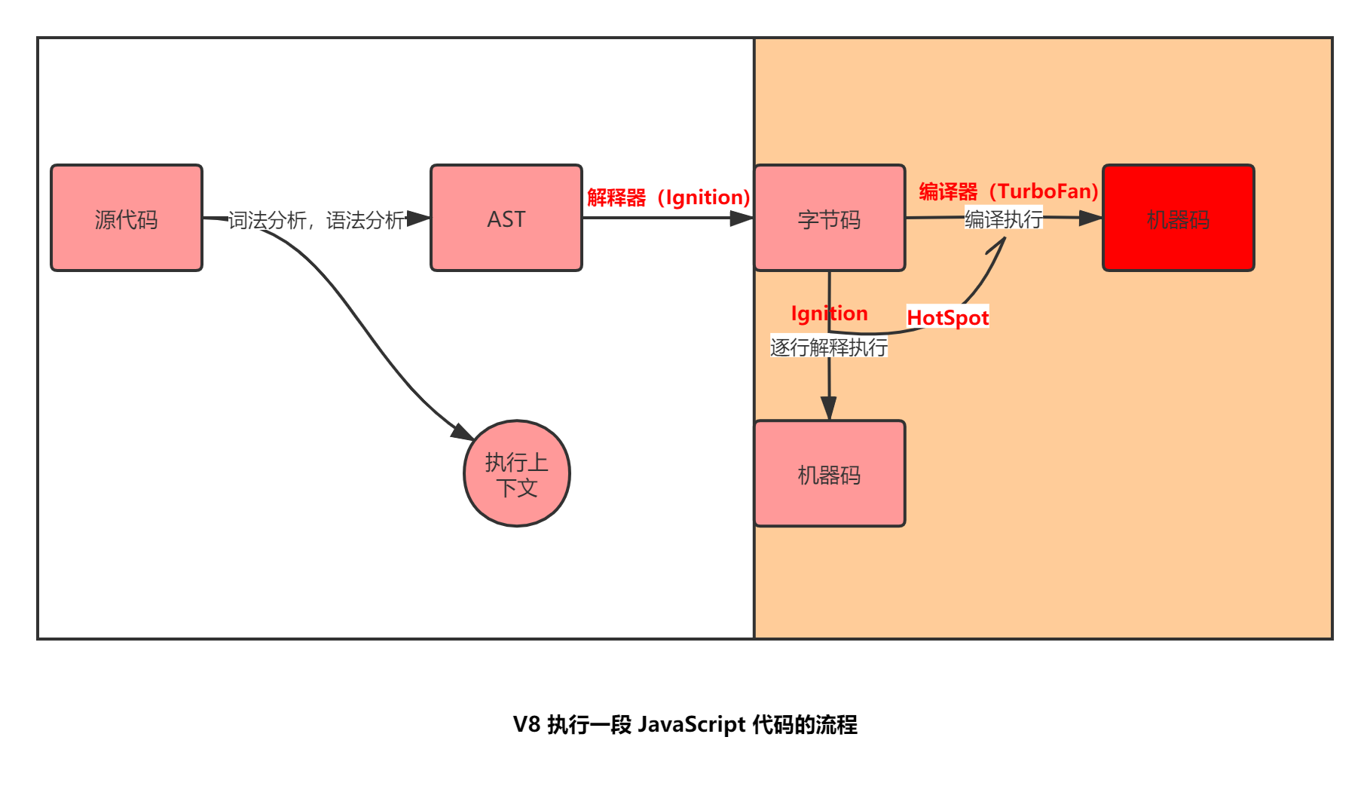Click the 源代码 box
(x=127, y=218)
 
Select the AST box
(x=506, y=218)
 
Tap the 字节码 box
(x=829, y=218)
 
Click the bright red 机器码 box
(x=1178, y=218)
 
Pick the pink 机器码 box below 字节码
(x=829, y=473)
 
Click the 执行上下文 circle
(x=517, y=473)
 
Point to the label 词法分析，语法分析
(x=317, y=220)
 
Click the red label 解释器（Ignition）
(x=668, y=197)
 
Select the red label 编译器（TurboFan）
(x=1008, y=191)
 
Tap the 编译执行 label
(x=1004, y=219)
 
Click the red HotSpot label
(x=947, y=317)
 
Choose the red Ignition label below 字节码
(x=829, y=313)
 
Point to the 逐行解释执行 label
(x=829, y=347)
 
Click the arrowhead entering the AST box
(x=419, y=219)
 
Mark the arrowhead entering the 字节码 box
(x=742, y=219)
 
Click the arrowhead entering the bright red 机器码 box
(x=1091, y=219)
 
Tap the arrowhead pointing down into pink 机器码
(x=829, y=408)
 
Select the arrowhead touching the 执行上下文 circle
(x=463, y=433)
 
